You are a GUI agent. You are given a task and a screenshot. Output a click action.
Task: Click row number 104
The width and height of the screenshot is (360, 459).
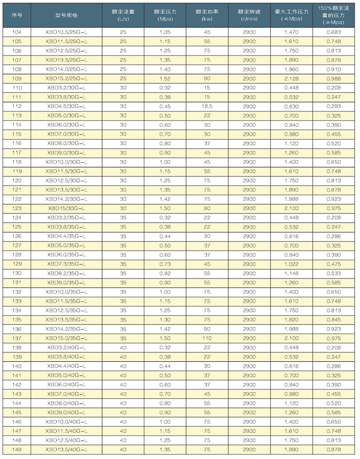click(x=17, y=32)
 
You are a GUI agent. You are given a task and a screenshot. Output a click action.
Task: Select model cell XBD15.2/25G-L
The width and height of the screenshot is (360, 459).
click(x=66, y=78)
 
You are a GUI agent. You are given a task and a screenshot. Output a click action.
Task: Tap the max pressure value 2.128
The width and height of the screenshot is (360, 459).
click(x=291, y=78)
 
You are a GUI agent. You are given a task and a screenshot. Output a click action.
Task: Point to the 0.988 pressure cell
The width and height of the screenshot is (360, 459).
click(x=335, y=78)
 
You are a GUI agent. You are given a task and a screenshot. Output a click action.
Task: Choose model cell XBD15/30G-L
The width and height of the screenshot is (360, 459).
click(x=66, y=208)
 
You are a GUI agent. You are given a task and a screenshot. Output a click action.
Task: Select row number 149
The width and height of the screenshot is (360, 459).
click(x=17, y=450)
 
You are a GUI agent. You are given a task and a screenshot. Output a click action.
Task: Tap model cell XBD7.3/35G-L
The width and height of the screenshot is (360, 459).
click(x=66, y=264)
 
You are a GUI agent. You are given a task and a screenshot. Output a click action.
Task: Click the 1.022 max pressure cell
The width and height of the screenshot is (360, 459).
click(x=291, y=264)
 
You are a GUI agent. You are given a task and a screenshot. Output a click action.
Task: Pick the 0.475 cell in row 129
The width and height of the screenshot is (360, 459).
click(x=335, y=264)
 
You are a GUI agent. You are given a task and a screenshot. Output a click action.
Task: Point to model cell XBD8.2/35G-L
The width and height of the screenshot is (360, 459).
click(x=66, y=273)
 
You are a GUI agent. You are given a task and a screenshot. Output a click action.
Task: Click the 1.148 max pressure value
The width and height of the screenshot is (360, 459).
click(x=291, y=273)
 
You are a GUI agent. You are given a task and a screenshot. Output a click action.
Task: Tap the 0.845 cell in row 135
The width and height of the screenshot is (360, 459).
click(x=335, y=320)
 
